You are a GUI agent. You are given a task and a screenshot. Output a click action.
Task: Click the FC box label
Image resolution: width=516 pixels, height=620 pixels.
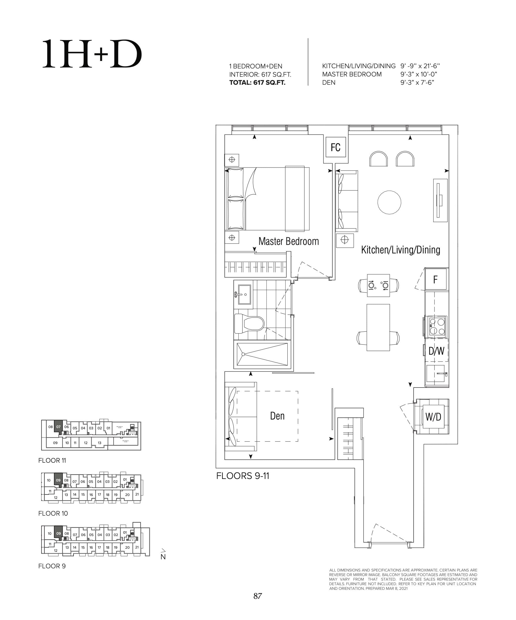pos(336,147)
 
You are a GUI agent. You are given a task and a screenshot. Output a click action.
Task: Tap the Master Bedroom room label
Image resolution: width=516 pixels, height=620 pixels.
pos(288,242)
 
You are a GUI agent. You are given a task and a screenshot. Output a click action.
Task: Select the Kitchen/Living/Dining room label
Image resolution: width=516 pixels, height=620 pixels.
pos(400,250)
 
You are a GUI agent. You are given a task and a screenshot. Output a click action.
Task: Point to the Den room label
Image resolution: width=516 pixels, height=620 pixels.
pos(277,416)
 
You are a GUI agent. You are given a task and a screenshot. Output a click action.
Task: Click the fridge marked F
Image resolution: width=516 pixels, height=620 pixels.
pos(436,280)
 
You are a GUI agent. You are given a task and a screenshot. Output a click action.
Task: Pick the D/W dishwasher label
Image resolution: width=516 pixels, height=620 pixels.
pos(436,351)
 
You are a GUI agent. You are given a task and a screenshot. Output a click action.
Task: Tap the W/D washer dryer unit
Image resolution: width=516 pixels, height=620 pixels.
pos(433,417)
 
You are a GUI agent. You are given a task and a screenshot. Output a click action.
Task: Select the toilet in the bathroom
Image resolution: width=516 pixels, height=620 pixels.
pos(249,324)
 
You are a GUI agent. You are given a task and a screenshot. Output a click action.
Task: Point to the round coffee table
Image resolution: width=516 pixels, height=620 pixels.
pos(389,203)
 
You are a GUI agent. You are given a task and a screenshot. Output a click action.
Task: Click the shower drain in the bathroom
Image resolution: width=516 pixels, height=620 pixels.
pos(243,354)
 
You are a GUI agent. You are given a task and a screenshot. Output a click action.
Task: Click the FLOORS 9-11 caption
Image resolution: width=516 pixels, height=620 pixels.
pos(243,476)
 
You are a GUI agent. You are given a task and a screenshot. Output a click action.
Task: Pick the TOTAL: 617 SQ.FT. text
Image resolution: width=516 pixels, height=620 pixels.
pos(257,83)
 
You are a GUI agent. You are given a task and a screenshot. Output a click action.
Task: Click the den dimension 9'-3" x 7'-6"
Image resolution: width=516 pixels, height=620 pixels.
pos(417,83)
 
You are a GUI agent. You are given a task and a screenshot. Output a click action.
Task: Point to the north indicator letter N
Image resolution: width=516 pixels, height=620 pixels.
pos(163,557)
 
